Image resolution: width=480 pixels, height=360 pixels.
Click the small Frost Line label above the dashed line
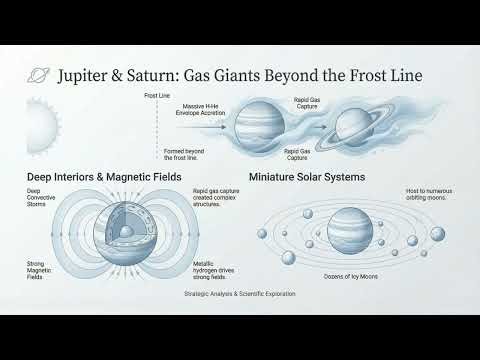[x=156, y=96]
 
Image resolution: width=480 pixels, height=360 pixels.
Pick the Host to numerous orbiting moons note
[x=428, y=196]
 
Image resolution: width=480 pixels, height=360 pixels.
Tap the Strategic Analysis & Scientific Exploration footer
[x=239, y=295]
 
